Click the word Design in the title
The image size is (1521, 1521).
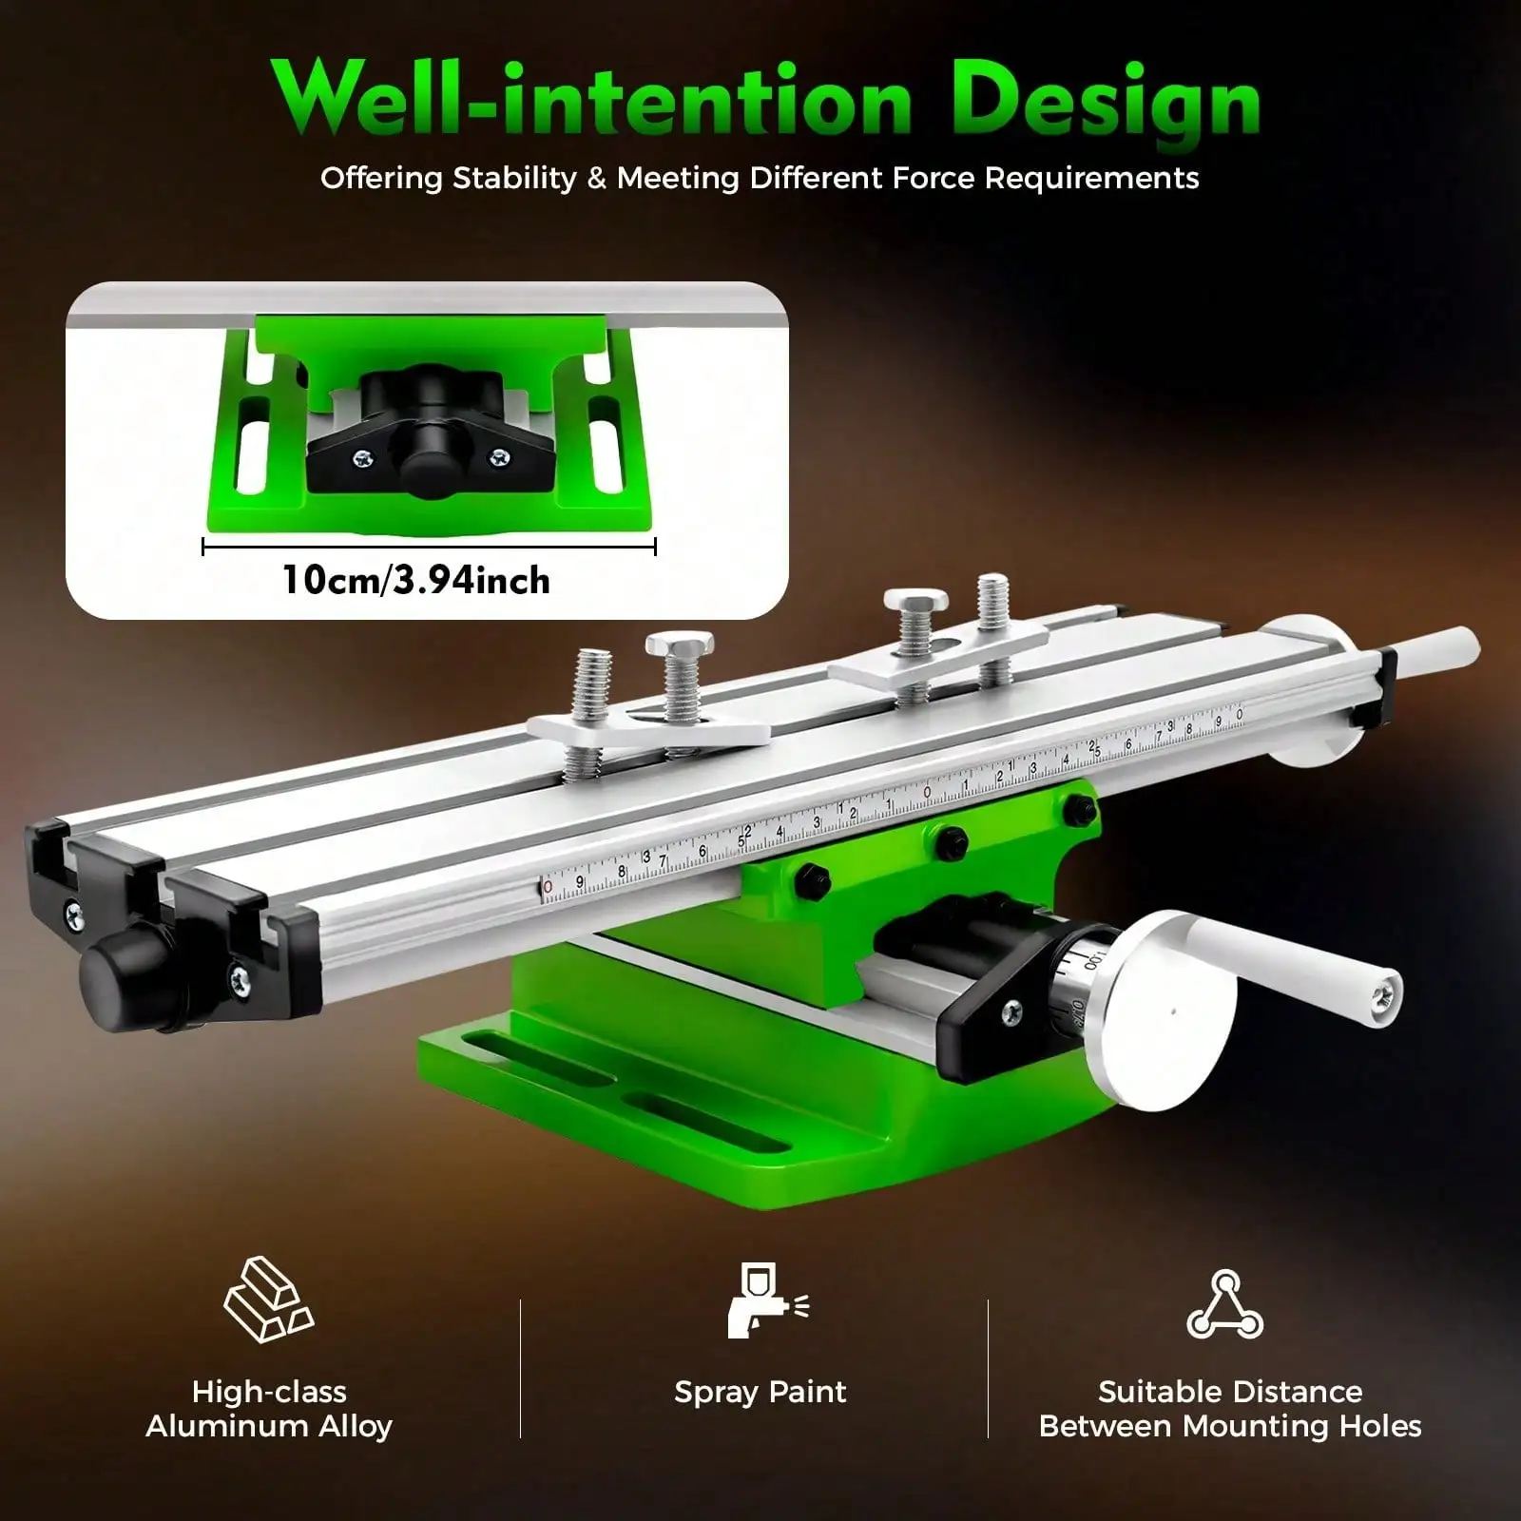click(1107, 103)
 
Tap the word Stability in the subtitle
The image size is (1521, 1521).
click(514, 178)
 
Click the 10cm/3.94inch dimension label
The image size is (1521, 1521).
click(416, 580)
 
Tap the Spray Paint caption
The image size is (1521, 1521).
click(760, 1392)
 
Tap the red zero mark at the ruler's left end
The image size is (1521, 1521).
click(548, 887)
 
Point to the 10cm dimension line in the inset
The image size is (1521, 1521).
click(429, 547)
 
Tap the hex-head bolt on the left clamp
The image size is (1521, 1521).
click(679, 666)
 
